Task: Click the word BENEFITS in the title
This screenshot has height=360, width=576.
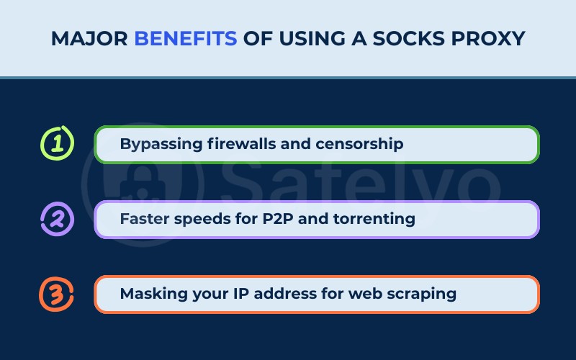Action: [185, 39]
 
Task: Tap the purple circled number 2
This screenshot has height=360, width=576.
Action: [57, 219]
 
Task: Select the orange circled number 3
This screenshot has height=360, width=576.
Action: [57, 294]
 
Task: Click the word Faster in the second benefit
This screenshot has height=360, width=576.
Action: [143, 219]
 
